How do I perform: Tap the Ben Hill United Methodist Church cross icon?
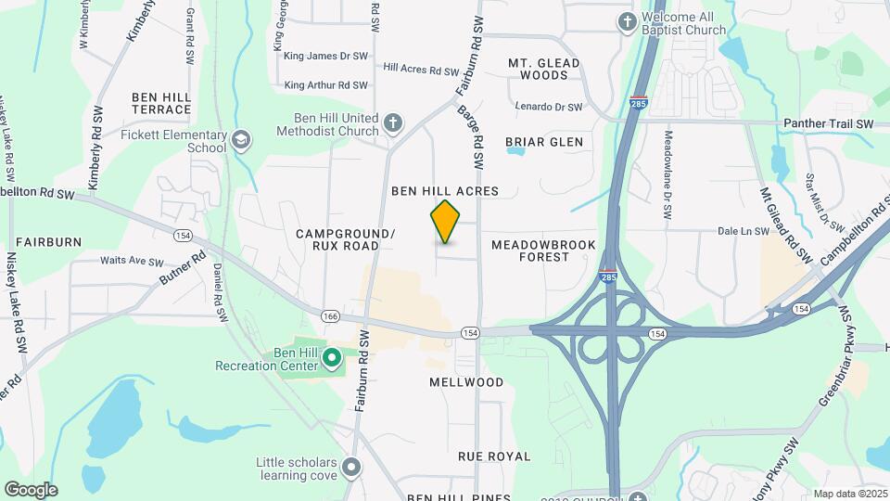click(x=393, y=122)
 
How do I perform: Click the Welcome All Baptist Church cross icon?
click(x=628, y=21)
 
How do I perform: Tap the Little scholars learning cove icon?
click(x=351, y=466)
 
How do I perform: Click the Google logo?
click(x=31, y=489)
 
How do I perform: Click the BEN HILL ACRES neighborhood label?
click(x=445, y=191)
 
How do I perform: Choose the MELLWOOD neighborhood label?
click(x=466, y=382)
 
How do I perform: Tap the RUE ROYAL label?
click(x=494, y=456)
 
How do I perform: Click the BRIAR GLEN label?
click(x=544, y=142)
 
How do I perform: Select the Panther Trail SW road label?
click(x=828, y=123)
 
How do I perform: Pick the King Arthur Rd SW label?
click(x=326, y=85)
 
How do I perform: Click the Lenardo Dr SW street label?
click(x=548, y=108)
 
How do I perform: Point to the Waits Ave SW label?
click(x=132, y=262)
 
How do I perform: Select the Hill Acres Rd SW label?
click(x=421, y=70)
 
